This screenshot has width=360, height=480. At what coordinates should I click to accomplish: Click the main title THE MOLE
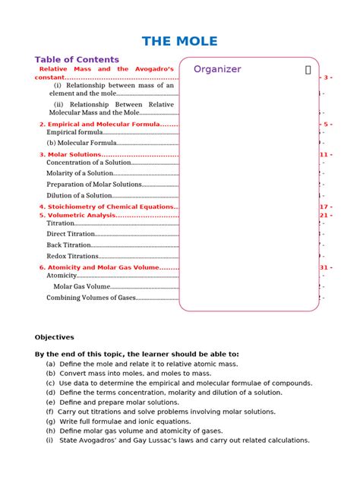pos(180,41)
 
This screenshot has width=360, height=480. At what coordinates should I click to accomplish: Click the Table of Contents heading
pos(77,59)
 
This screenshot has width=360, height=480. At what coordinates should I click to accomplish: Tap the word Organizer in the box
pos(217,69)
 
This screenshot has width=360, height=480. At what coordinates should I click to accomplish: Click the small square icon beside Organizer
pos(308,69)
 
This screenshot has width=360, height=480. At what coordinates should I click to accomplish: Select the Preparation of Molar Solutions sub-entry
pos(94,185)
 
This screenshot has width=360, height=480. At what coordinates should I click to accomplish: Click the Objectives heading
pos(54,337)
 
